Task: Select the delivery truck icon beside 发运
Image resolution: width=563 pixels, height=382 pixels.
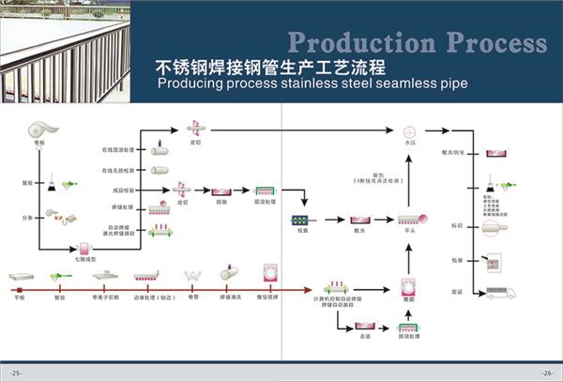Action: click(501, 292)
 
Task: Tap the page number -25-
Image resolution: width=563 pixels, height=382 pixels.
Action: click(16, 373)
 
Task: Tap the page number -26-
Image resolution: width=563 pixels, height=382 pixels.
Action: click(546, 373)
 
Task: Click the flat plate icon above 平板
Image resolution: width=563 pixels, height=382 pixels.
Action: click(21, 277)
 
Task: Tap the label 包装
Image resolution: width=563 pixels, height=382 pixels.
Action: click(458, 260)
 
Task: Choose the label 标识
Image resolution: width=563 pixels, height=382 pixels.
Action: click(458, 226)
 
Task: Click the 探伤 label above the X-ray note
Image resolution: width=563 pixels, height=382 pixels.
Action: click(378, 175)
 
